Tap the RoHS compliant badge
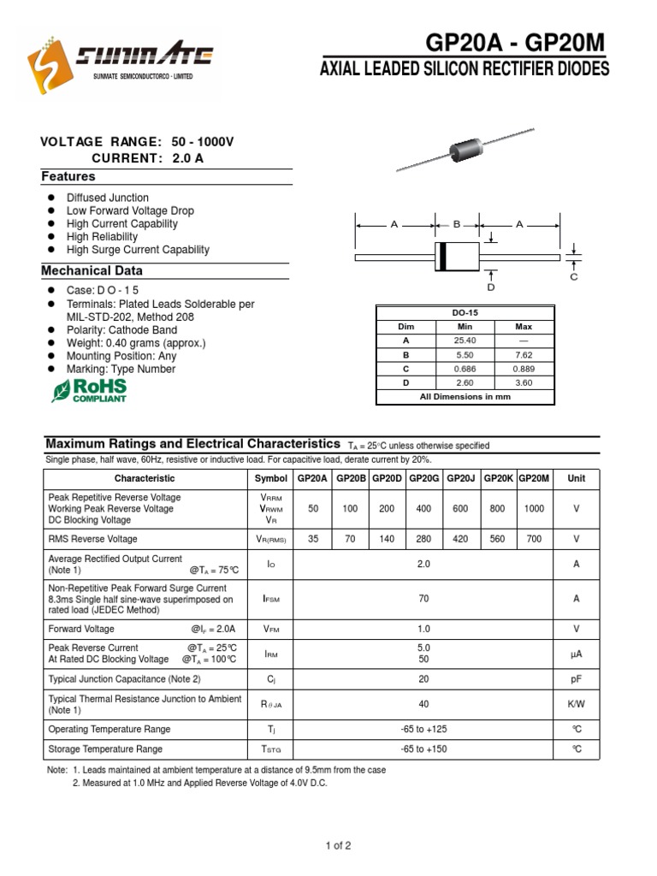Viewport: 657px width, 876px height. [x=89, y=390]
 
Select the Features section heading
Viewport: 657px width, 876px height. [x=68, y=176]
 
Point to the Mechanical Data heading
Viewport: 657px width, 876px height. [x=92, y=270]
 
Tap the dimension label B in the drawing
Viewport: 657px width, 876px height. [x=457, y=224]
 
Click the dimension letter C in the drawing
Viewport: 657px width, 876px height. [x=574, y=277]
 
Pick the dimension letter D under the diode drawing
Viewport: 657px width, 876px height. [x=491, y=288]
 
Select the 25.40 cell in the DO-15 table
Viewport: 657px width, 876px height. [x=465, y=340]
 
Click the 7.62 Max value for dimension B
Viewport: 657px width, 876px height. [x=524, y=354]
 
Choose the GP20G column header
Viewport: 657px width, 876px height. [x=423, y=479]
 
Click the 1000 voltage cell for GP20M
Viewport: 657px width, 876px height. [x=534, y=508]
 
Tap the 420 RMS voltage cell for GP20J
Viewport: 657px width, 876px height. [x=460, y=539]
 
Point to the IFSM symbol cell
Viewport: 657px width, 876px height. [x=271, y=600]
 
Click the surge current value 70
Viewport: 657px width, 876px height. [x=423, y=600]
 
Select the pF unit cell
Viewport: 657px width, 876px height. [x=576, y=678]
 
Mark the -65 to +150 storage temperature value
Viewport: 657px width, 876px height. [x=423, y=749]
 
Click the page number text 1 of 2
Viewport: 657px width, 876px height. [x=338, y=846]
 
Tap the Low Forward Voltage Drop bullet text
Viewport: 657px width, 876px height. [x=130, y=210]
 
